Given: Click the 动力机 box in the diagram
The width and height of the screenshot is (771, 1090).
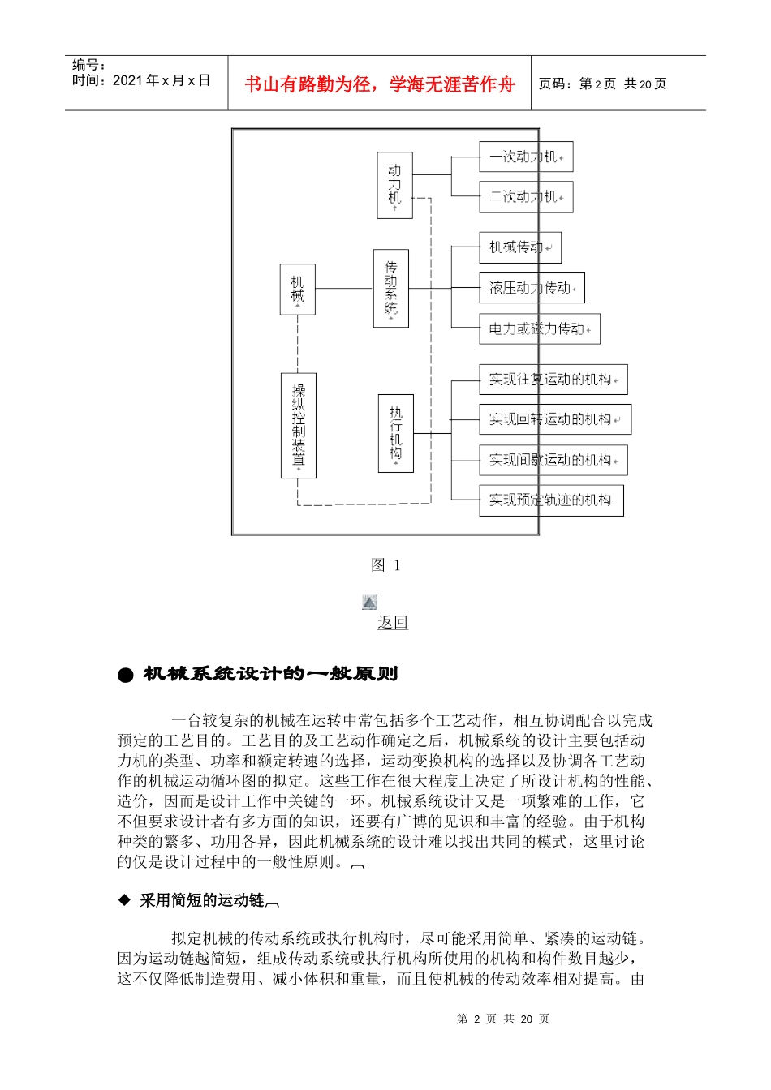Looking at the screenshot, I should point(394,185).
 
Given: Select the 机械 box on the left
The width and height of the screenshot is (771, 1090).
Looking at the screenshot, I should point(297,290).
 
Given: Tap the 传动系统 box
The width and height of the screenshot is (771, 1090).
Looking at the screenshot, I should point(390,288).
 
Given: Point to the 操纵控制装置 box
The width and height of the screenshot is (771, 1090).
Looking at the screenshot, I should point(298,425).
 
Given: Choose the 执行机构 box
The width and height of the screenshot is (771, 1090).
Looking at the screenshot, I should point(395,433).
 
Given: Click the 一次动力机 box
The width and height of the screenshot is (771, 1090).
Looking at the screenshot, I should point(526,157).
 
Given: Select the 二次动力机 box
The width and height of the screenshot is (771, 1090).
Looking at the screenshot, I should point(526,197).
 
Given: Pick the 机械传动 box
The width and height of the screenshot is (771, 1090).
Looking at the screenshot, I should point(519,247).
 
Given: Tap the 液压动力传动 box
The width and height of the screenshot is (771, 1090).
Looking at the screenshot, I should point(532,288).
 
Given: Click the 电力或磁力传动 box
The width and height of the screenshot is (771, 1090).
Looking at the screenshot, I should point(539,329).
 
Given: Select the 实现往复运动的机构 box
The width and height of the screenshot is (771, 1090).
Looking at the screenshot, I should point(553,380).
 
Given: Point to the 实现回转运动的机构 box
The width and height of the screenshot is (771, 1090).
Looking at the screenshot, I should point(554,419).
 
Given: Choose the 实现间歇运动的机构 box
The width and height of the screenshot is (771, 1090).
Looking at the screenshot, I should point(553,460).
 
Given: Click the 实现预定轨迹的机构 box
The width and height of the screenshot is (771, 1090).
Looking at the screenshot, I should point(551,500).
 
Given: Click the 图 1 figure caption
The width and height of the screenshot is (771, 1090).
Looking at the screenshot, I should point(385,565).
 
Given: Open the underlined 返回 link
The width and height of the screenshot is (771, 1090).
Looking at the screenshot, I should point(393,622).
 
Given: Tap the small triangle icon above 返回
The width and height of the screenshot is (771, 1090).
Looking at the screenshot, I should point(370,602).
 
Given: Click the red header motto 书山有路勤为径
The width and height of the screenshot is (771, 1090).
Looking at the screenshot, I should point(379,84).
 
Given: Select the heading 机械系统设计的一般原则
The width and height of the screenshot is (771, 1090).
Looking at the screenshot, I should point(270,674).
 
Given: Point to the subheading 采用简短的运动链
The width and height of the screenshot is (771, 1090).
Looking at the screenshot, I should point(202,900).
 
